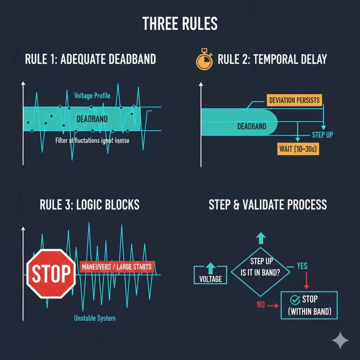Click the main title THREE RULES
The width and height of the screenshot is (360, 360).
[180, 24]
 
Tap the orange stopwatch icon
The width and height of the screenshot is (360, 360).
[204, 60]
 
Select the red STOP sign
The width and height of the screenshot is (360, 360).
[51, 274]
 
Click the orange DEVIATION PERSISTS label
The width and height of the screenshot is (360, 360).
[294, 100]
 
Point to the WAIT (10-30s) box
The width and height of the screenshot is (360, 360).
[298, 149]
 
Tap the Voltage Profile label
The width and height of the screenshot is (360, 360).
[92, 96]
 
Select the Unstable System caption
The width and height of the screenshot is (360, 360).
[95, 319]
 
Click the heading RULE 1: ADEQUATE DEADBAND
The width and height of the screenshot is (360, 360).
[90, 59]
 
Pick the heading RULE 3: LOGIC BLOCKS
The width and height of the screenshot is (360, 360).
[90, 205]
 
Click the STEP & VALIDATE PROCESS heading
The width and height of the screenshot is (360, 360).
[268, 205]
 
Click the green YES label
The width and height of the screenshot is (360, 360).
[302, 266]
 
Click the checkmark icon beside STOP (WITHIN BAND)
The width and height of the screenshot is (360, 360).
[294, 300]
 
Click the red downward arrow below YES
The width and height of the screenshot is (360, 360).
[306, 281]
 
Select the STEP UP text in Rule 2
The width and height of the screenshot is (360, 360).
[322, 135]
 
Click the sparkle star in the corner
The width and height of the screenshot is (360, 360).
[340, 340]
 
